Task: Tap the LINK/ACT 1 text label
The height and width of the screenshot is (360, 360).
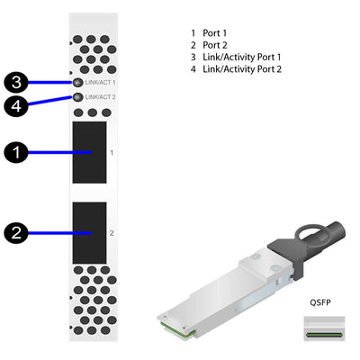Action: [101, 82]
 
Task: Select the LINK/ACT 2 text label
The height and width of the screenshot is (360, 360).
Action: [101, 96]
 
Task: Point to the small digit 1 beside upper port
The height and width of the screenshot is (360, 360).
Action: [112, 153]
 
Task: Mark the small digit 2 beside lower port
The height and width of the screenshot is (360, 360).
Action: [112, 232]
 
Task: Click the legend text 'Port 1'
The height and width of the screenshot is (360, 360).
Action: [215, 33]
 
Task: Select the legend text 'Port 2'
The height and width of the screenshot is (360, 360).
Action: [215, 45]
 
